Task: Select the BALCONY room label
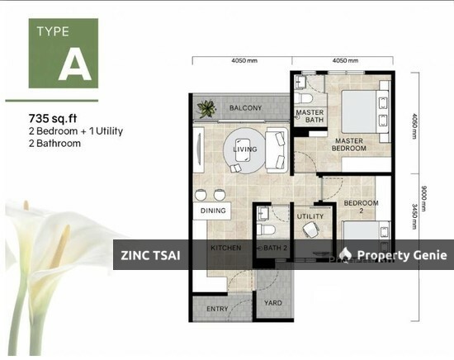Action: (x=245, y=108)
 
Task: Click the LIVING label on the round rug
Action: (x=245, y=149)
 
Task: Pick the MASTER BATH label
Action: (x=310, y=116)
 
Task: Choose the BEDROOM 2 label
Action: (x=361, y=207)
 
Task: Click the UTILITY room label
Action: (x=310, y=216)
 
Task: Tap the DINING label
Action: (x=212, y=211)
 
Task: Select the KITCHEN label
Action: (x=225, y=248)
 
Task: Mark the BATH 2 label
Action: (x=275, y=248)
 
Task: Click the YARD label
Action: (x=272, y=303)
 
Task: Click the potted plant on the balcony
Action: (x=206, y=107)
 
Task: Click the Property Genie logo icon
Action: (x=347, y=254)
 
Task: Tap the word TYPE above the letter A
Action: (x=52, y=34)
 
